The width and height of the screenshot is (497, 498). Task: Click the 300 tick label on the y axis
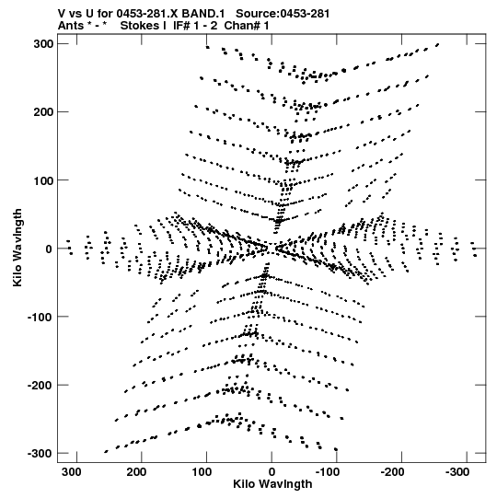43,44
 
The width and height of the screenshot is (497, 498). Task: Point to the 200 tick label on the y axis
43,112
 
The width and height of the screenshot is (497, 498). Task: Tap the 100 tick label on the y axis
43,180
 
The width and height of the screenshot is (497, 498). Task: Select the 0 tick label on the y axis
49,249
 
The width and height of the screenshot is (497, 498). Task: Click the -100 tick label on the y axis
40,317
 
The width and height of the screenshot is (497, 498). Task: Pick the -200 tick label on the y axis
40,386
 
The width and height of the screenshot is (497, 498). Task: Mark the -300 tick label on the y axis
40,453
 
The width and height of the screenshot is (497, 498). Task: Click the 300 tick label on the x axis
72,472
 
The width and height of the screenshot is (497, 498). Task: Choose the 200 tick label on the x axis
136,472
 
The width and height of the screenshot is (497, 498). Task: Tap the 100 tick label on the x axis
202,472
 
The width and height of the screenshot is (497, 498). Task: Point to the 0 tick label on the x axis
272,472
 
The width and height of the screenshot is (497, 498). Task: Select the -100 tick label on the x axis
328,472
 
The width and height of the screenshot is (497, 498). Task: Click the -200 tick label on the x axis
392,472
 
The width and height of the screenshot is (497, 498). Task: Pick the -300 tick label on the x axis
457,472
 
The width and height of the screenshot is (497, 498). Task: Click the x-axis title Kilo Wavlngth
272,484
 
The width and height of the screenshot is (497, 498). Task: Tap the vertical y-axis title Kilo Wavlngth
17,248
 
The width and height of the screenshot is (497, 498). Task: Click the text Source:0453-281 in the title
283,14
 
